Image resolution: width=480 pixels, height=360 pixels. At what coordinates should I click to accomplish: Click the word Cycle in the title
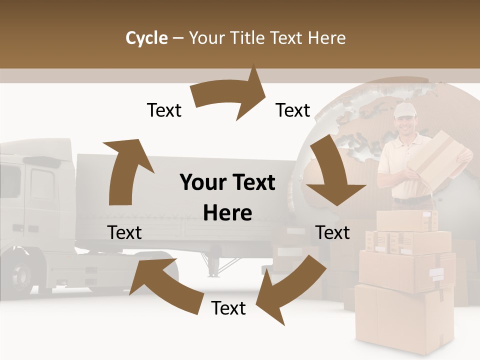point(146,38)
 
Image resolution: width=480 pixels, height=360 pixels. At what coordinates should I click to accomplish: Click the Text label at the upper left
point(164,110)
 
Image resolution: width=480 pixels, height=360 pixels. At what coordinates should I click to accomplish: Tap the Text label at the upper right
point(293,110)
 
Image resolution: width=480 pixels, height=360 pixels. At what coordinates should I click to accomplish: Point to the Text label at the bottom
point(228,308)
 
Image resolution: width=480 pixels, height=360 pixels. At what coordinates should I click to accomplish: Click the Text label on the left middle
point(124,232)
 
